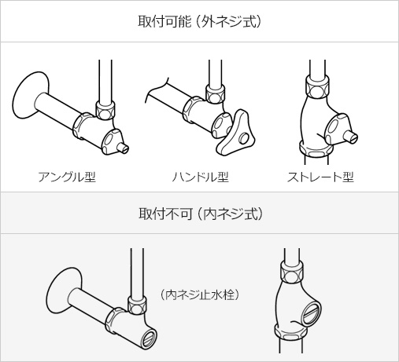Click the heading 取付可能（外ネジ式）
point(199,21)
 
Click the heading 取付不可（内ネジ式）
point(199,213)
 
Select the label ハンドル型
point(199,176)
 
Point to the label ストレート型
point(320,176)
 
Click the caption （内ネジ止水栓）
point(199,295)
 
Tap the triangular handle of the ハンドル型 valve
point(238,133)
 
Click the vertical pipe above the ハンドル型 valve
point(212,75)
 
